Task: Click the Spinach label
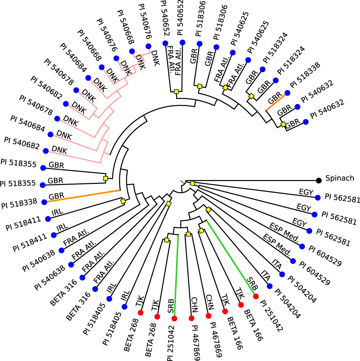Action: point(340,178)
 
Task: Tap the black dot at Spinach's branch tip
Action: point(319,180)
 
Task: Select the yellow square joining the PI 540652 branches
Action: point(176,92)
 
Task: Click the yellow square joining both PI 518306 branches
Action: point(199,86)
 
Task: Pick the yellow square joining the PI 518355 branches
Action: point(105,178)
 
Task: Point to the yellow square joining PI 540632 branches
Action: point(283,125)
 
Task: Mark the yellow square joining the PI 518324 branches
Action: point(252,96)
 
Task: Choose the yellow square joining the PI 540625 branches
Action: point(225,87)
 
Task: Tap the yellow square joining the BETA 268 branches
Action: point(167,240)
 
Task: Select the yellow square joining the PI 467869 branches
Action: point(188,234)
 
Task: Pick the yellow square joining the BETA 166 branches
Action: point(201,230)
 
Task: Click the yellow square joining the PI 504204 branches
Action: point(208,209)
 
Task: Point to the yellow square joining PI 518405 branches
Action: point(168,204)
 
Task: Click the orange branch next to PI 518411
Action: point(83,196)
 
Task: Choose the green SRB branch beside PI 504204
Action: point(230,257)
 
